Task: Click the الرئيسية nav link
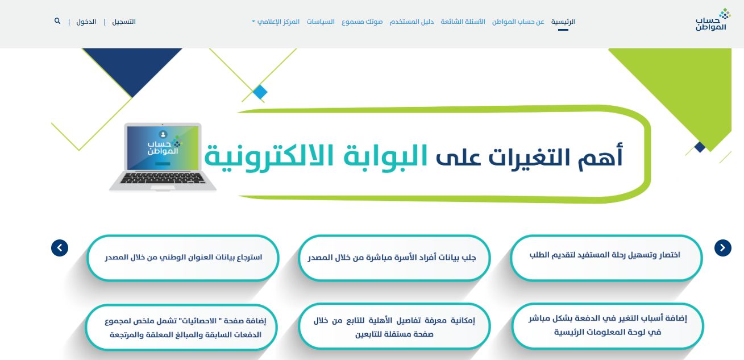click(563, 22)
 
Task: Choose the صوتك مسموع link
click(362, 22)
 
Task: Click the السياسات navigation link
click(321, 22)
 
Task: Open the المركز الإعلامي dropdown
click(277, 22)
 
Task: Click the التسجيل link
click(124, 22)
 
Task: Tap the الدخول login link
click(86, 22)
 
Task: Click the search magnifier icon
click(57, 21)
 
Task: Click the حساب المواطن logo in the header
click(712, 20)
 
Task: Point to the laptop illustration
click(163, 157)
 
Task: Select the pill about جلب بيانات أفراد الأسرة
click(394, 258)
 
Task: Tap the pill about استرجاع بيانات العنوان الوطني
click(183, 258)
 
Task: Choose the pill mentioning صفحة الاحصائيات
click(182, 328)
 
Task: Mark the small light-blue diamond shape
click(260, 92)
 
